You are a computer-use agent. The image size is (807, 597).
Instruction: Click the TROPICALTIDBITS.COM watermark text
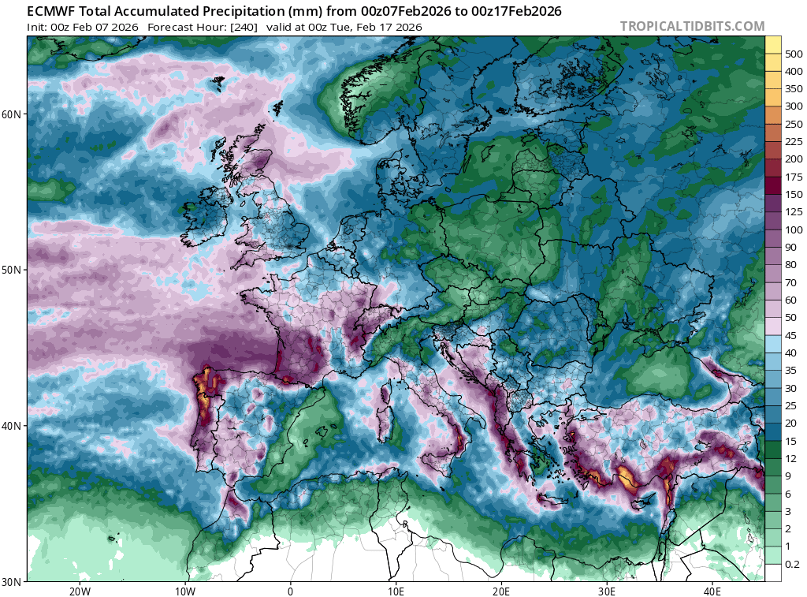click(x=692, y=26)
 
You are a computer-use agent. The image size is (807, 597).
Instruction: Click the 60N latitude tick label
click(x=13, y=114)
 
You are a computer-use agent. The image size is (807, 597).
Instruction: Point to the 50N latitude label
click(x=13, y=270)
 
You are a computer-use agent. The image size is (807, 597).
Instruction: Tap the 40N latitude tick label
click(x=13, y=426)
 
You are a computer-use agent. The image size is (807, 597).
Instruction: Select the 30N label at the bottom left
click(x=13, y=582)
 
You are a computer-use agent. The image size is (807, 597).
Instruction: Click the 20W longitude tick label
click(x=80, y=591)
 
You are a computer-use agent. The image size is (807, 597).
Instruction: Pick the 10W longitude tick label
click(x=185, y=591)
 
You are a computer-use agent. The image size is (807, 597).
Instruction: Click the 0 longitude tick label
click(x=291, y=591)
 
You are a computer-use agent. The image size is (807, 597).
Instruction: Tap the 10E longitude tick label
click(x=396, y=591)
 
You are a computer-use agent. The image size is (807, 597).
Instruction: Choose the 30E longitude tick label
click(x=607, y=591)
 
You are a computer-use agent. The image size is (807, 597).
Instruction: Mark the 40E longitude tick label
click(x=712, y=591)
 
